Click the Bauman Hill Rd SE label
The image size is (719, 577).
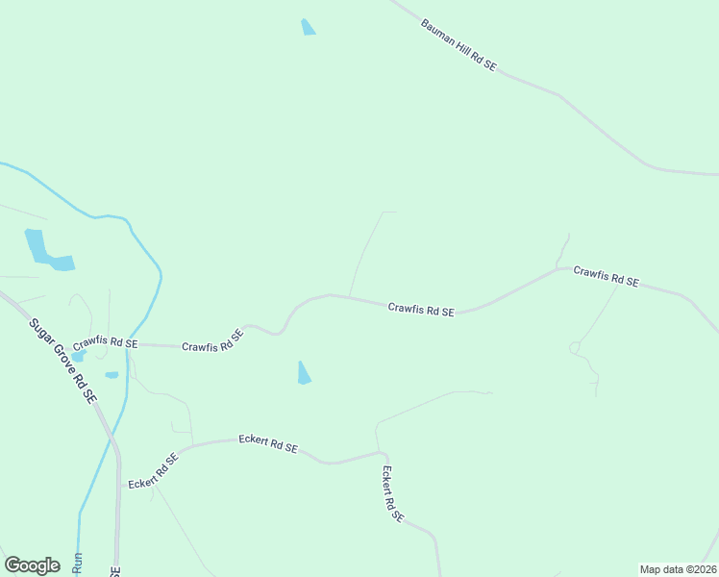click(x=459, y=44)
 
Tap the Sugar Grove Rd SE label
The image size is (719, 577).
click(x=63, y=360)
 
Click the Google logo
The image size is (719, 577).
click(x=32, y=565)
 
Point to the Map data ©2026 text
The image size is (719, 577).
click(x=678, y=569)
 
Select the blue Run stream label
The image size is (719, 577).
click(x=79, y=564)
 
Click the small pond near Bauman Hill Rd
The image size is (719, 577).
click(x=308, y=27)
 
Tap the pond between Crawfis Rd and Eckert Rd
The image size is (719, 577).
click(x=304, y=373)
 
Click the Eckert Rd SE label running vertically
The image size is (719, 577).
click(x=392, y=494)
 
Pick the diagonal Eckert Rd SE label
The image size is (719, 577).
click(x=154, y=471)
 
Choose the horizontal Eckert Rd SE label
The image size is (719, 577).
click(x=268, y=444)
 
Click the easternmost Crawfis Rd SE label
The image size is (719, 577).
click(x=606, y=277)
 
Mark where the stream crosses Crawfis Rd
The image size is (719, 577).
click(x=128, y=344)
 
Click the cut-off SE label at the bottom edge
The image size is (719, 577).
click(x=115, y=570)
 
